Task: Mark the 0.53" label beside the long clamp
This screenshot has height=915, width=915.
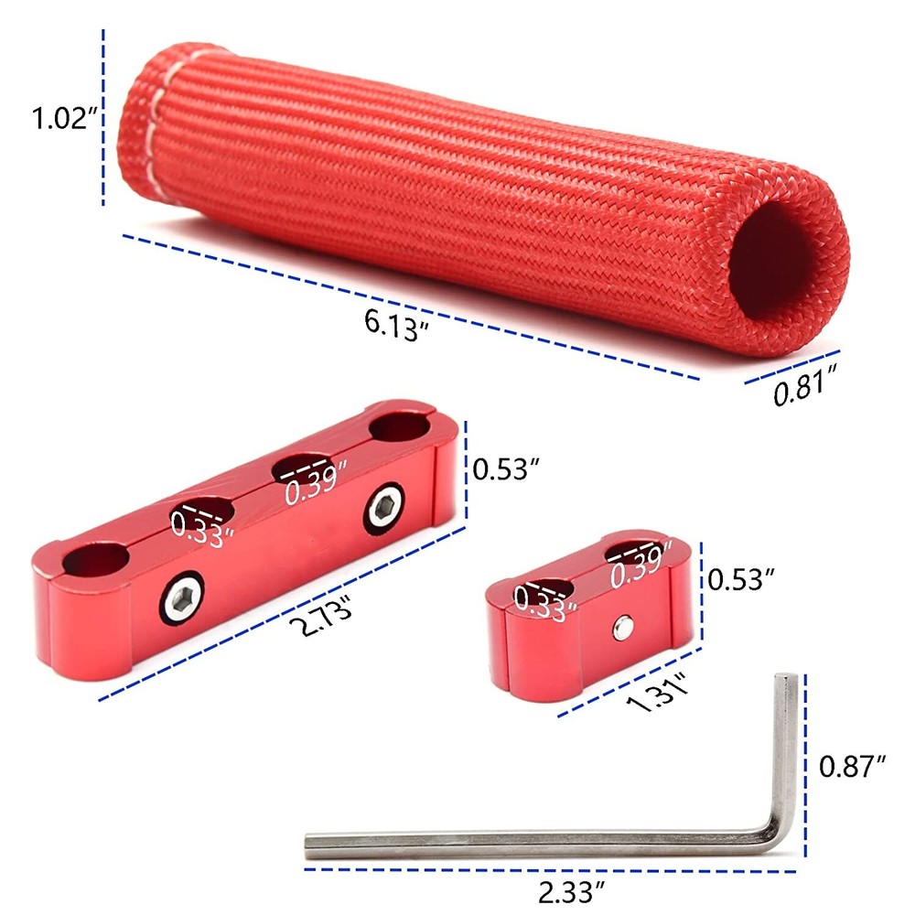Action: click(504, 469)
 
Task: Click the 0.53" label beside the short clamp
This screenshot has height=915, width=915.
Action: click(742, 578)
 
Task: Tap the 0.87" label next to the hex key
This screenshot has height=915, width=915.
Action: click(853, 767)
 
